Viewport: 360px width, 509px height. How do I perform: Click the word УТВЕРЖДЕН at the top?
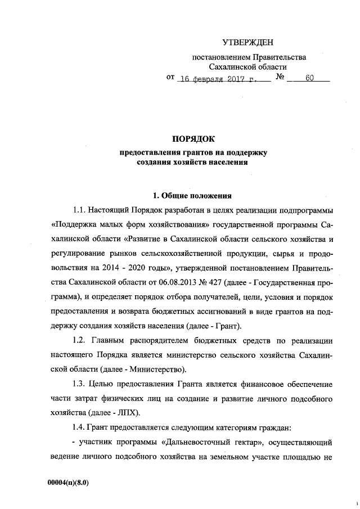click(x=249, y=42)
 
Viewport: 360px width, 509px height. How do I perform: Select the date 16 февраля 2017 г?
click(x=216, y=79)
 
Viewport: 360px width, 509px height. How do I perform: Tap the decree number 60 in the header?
click(x=309, y=79)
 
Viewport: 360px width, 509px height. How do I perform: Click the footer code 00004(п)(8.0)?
click(x=69, y=483)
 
